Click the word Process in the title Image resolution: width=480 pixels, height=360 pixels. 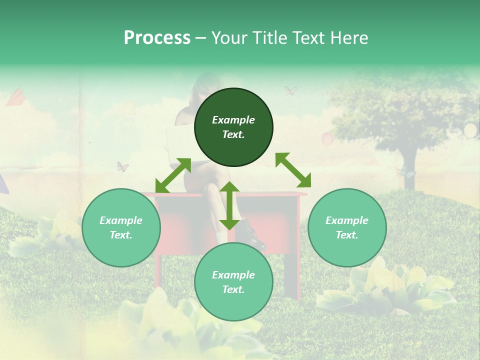pyautogui.click(x=157, y=38)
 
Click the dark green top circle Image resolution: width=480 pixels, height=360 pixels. pyautogui.click(x=233, y=127)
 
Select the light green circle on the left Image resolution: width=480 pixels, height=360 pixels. pyautogui.click(x=121, y=228)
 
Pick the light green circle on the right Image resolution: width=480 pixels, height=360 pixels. pyautogui.click(x=347, y=228)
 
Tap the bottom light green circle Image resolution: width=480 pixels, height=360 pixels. pyautogui.click(x=233, y=282)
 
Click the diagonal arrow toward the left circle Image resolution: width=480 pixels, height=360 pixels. pyautogui.click(x=173, y=175)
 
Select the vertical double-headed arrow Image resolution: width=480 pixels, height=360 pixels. pyautogui.click(x=229, y=205)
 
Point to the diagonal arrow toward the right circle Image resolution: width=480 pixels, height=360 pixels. pyautogui.click(x=293, y=170)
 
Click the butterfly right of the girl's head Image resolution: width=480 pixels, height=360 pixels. pyautogui.click(x=290, y=90)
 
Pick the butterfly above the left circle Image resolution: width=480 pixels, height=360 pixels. pyautogui.click(x=122, y=166)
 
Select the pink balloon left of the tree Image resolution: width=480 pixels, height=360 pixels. pyautogui.click(x=326, y=138)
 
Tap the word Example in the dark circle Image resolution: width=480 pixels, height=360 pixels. pyautogui.click(x=233, y=120)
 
